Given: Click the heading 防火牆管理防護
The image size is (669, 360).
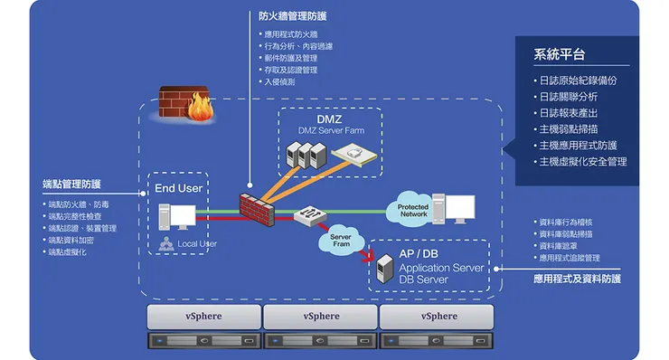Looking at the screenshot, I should click(x=292, y=16).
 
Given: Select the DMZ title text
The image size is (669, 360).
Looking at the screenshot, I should click(x=328, y=119).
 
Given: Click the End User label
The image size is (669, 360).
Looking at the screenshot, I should click(x=178, y=188).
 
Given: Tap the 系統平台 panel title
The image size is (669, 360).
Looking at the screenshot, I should click(x=558, y=54).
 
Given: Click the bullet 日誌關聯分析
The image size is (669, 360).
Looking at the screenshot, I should click(x=568, y=97).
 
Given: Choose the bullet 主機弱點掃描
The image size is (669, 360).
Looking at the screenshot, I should click(x=568, y=129).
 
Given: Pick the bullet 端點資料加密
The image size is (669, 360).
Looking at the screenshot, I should click(x=71, y=240).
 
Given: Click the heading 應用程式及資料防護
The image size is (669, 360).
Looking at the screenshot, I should click(x=577, y=279).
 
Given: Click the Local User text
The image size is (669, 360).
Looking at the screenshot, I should click(x=197, y=243).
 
